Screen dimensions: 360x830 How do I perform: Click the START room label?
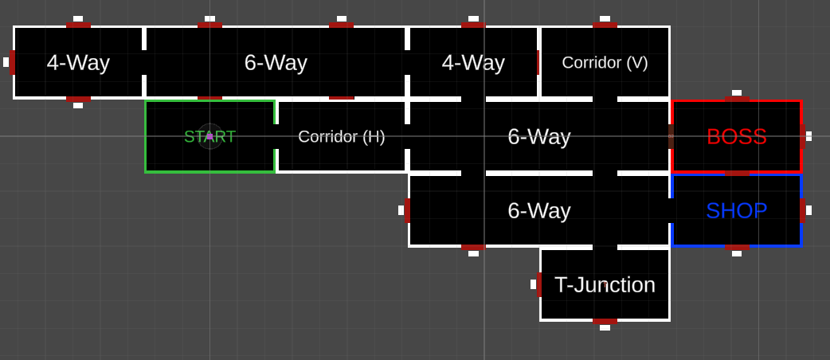pos(209,136)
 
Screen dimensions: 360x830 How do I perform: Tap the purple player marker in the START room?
pos(209,136)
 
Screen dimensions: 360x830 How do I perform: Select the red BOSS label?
pos(736,136)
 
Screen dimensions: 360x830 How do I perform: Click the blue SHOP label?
pos(736,210)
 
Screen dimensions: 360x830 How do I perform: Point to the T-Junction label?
pos(605,284)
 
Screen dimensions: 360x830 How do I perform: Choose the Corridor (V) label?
pos(605,62)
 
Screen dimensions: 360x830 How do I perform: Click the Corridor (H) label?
pos(341,136)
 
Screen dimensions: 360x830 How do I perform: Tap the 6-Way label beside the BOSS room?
pos(538,136)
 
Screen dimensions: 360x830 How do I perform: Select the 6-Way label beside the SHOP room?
pos(538,210)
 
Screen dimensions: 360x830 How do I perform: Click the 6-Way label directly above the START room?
pos(276,62)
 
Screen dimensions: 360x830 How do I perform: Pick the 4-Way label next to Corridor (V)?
pos(473,62)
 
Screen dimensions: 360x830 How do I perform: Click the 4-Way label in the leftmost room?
pos(78,62)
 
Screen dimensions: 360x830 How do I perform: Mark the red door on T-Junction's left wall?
pos(539,284)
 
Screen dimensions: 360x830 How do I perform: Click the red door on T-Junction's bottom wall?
pos(605,321)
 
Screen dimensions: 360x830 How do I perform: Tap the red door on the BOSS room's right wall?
pos(802,136)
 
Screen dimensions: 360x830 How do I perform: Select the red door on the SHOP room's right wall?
pos(802,210)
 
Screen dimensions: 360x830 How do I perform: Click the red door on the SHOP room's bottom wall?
pos(736,247)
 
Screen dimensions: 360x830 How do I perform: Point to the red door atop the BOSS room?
pos(736,100)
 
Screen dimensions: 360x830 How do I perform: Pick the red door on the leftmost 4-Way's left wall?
pos(12,62)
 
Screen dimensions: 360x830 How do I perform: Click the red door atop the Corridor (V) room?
pos(605,25)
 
